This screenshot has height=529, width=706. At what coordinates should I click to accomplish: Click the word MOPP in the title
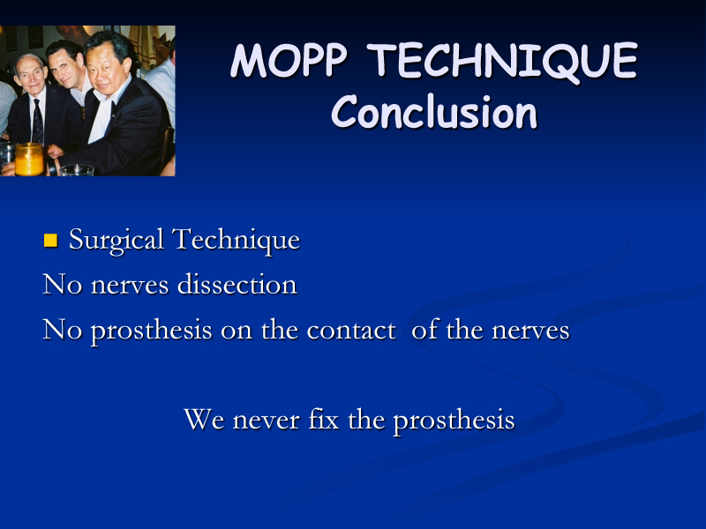click(289, 60)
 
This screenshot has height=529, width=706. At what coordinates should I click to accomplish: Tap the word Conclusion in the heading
click(434, 112)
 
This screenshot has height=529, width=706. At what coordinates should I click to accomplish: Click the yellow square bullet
click(50, 240)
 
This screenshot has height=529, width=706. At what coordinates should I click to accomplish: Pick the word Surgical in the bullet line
click(116, 241)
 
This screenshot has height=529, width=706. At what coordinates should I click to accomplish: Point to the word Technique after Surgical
click(236, 240)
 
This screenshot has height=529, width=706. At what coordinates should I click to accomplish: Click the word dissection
click(237, 284)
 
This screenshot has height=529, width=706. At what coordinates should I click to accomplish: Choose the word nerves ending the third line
click(530, 332)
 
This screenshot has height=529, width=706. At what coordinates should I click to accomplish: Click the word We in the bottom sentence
click(204, 421)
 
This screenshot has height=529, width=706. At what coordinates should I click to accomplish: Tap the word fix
click(323, 420)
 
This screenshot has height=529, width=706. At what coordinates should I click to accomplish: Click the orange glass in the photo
click(29, 159)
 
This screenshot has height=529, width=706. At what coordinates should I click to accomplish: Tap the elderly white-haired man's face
click(31, 74)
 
